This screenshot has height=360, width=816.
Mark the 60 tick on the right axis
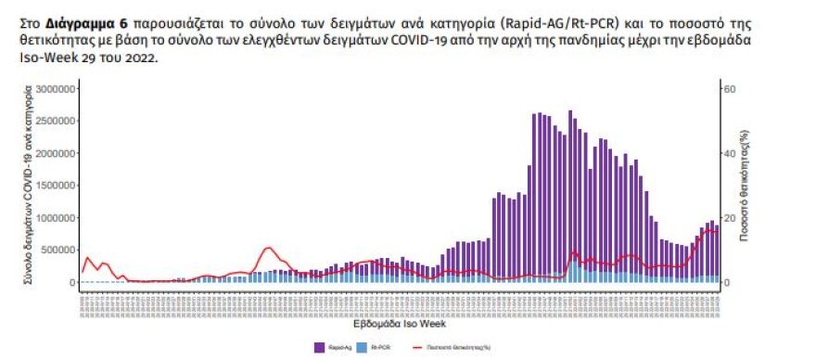[729, 89]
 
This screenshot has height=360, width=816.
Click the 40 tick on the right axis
[729, 154]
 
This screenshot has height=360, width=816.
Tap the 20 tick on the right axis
[729, 218]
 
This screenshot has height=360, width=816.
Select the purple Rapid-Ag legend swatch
[320, 347]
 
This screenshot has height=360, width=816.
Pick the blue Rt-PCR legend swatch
[363, 347]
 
